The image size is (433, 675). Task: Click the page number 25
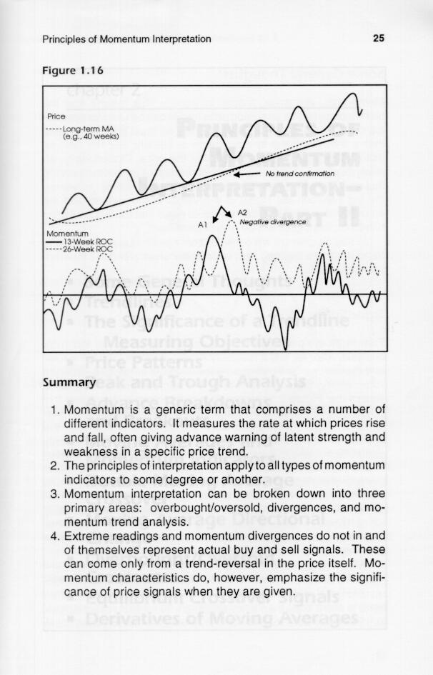379,39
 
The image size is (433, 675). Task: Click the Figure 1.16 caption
74,71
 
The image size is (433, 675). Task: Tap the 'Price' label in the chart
56,116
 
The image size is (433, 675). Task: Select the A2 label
242,213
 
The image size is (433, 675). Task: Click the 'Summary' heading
69,382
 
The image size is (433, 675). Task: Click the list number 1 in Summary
54,410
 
